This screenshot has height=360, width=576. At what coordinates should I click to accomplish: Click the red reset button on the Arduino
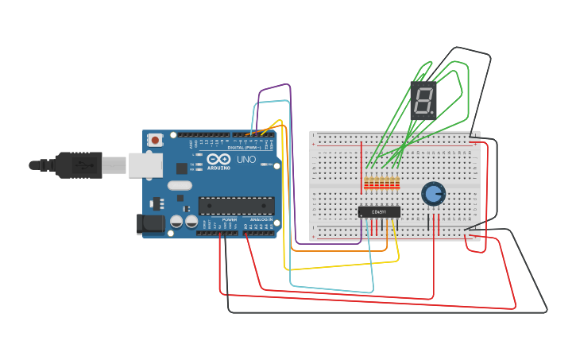point(155,141)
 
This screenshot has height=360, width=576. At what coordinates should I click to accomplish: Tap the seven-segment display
point(423,100)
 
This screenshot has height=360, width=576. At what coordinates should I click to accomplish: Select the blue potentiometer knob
point(433,193)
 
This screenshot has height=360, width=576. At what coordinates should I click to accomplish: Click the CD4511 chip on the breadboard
point(378,211)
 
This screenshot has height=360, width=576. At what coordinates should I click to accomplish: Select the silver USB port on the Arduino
point(145,165)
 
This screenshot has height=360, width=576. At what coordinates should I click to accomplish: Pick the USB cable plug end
point(84,165)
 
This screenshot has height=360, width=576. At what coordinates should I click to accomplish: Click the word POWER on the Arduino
point(230,219)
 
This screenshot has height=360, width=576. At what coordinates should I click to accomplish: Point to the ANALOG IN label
point(260,219)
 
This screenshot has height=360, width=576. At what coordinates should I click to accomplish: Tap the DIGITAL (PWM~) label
point(245,148)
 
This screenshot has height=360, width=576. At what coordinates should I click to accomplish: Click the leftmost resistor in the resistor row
point(366,184)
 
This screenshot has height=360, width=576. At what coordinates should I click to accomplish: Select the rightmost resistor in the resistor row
point(397,184)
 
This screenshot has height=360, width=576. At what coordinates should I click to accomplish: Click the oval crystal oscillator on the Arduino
point(180,185)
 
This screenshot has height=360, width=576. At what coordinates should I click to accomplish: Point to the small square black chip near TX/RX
point(182,168)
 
